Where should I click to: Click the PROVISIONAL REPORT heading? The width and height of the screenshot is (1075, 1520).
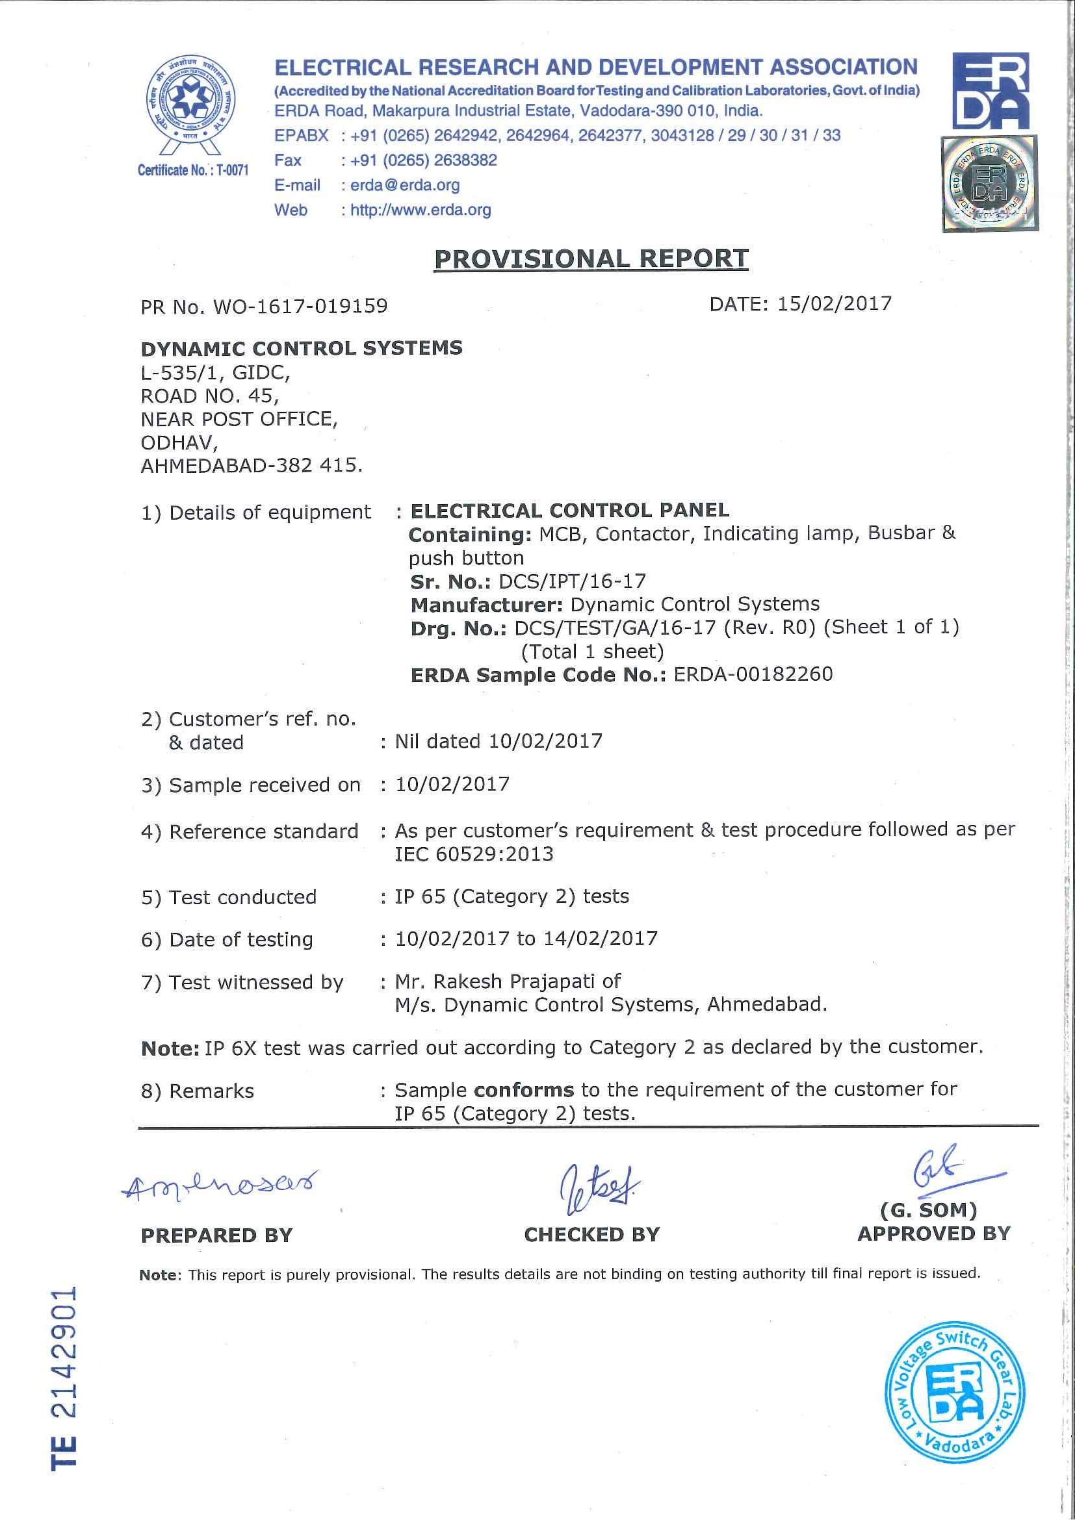(591, 259)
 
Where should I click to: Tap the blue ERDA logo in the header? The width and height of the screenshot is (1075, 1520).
(991, 90)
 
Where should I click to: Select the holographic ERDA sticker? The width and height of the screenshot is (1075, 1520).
(990, 184)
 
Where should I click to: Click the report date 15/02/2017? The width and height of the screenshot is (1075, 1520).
(835, 304)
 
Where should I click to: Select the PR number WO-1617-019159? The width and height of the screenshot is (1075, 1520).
(300, 307)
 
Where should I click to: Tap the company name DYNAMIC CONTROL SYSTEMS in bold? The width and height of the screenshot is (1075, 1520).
(302, 348)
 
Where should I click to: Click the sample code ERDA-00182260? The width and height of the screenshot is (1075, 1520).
(753, 675)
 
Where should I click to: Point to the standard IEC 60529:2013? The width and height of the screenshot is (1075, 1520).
(474, 854)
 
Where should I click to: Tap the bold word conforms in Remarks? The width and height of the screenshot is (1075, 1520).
(524, 1090)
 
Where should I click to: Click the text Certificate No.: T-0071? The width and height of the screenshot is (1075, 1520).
(193, 170)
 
